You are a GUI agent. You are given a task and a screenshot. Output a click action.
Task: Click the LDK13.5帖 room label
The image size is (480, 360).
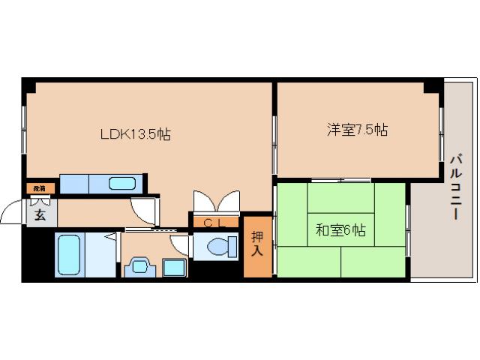coord(136,135)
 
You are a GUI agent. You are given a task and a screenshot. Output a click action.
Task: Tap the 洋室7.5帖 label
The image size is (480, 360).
coord(357,130)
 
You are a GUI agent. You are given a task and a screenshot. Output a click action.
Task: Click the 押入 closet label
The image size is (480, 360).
coord(256,244)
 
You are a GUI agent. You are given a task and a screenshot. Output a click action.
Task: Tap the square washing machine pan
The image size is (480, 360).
coord(174,268)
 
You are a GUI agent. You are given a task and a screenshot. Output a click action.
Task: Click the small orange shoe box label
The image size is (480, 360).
coord(40,188)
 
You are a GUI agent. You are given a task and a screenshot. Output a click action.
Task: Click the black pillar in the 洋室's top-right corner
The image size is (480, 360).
coord(433,85)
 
